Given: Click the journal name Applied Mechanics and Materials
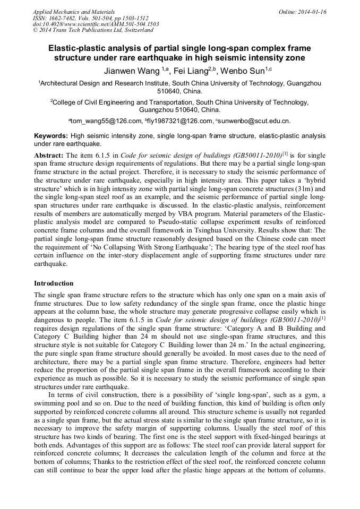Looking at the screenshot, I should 73,12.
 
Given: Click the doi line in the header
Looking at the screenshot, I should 96,24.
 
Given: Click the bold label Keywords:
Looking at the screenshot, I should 51,136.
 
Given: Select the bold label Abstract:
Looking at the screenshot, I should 49,155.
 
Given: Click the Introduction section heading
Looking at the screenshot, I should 54,283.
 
